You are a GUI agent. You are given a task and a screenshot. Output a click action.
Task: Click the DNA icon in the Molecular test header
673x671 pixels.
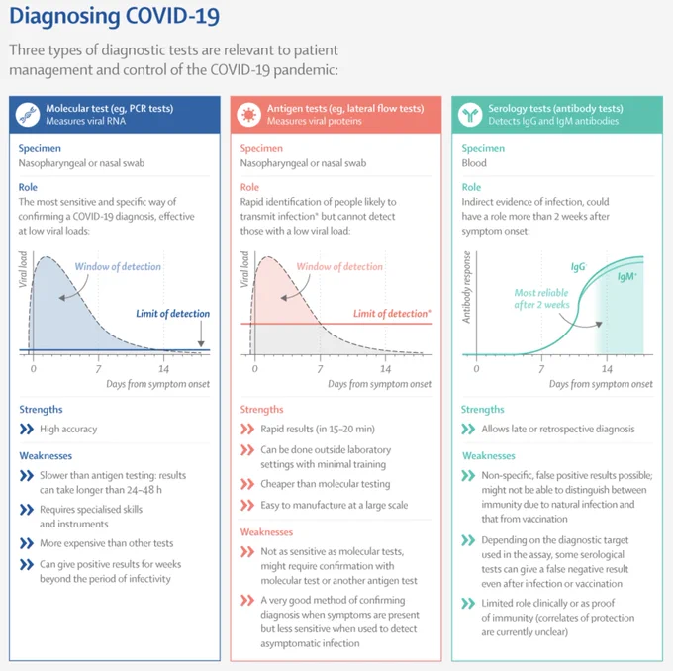click(28, 115)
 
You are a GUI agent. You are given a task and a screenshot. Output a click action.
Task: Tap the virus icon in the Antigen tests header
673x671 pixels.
click(249, 115)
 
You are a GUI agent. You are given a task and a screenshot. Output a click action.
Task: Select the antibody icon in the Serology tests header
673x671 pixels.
click(470, 115)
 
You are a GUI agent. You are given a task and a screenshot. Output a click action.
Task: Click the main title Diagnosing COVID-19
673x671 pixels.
click(115, 16)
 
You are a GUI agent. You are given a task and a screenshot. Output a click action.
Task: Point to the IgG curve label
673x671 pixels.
click(578, 267)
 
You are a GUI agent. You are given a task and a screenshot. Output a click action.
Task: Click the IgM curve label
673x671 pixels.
click(627, 276)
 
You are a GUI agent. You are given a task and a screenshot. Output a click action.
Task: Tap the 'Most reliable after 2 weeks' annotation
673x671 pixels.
click(541, 298)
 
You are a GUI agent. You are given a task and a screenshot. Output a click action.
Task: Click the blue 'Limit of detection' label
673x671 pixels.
click(173, 314)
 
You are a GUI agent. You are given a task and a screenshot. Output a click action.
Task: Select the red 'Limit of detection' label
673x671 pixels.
click(392, 314)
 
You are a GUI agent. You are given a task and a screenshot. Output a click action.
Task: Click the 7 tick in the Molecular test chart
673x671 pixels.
click(98, 369)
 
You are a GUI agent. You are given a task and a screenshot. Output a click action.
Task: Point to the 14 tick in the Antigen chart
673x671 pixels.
click(385, 369)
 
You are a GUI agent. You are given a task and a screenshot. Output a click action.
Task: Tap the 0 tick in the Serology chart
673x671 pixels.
click(476, 369)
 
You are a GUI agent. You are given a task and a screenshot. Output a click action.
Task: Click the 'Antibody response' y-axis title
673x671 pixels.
click(466, 287)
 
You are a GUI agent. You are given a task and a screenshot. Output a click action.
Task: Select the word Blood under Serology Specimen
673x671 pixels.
click(474, 163)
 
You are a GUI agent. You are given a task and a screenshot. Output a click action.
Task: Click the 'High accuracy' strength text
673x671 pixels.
click(68, 429)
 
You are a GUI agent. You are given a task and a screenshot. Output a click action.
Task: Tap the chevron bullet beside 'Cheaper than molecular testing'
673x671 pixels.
click(247, 484)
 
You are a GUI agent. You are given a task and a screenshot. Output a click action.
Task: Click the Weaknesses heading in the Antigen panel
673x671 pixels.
click(266, 532)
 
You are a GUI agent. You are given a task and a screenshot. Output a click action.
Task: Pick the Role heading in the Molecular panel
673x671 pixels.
click(28, 187)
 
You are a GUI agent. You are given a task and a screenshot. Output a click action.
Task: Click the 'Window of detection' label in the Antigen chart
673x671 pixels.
click(339, 266)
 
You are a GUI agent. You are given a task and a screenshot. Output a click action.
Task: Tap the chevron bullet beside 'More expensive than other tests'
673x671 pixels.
click(27, 543)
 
